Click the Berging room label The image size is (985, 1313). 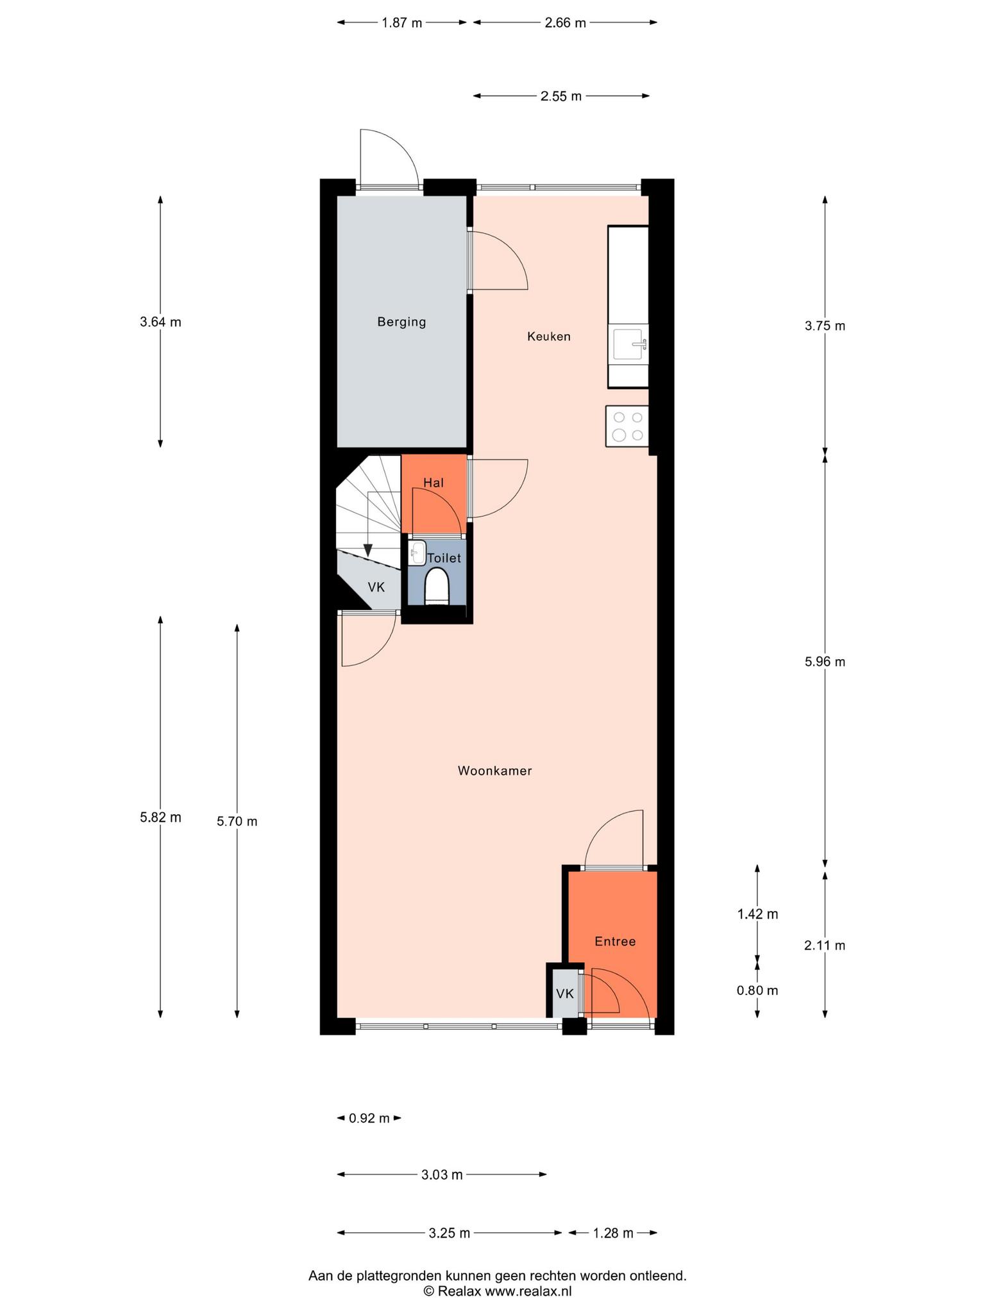401,322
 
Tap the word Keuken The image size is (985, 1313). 549,336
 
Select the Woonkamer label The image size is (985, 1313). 495,771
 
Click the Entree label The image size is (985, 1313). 615,941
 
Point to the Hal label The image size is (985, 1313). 434,483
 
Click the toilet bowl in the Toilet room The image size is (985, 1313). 437,586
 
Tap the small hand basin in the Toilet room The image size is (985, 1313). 417,553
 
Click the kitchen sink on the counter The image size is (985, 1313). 630,344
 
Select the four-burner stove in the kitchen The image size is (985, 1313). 627,426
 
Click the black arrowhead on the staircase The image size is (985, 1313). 367,550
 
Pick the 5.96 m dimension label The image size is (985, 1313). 825,662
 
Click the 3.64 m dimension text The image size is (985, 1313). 160,322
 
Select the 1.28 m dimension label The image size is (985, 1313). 613,1232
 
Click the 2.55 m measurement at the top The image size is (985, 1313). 561,96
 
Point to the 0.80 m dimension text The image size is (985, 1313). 757,990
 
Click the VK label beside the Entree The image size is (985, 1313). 565,994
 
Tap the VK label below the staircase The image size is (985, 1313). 376,587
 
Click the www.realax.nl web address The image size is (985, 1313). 528,1291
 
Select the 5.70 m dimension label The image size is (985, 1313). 237,821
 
